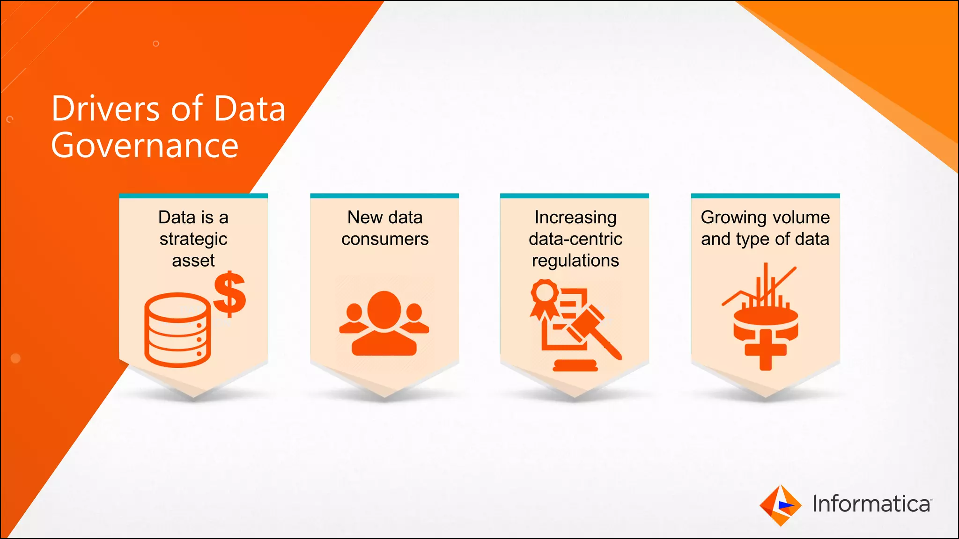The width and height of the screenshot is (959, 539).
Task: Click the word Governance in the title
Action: click(145, 146)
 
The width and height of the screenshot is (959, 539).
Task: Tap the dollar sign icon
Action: click(229, 294)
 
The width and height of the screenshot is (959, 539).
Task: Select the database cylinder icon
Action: click(177, 329)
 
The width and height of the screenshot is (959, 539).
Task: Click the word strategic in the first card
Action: click(193, 239)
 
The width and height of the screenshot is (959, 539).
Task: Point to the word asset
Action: click(193, 261)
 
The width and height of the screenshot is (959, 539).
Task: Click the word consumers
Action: click(385, 239)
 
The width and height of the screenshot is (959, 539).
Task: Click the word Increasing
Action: click(575, 218)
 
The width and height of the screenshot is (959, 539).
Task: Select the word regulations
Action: click(575, 261)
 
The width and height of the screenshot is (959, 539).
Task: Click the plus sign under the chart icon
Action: click(766, 350)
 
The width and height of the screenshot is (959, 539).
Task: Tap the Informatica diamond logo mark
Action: click(780, 505)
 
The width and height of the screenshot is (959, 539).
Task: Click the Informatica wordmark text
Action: click(871, 504)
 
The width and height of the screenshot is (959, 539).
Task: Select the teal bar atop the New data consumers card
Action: click(384, 196)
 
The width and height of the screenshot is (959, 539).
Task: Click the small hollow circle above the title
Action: click(156, 44)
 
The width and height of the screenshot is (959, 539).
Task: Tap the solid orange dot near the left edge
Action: click(15, 358)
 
